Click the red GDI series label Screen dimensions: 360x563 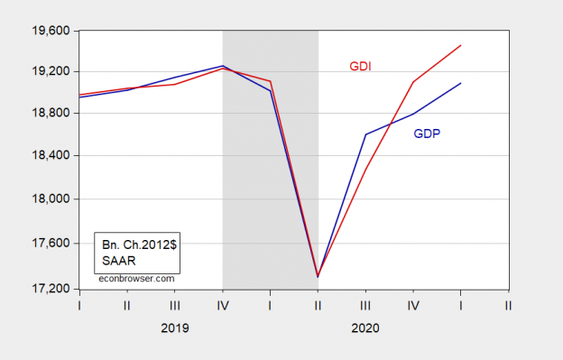pos(361,67)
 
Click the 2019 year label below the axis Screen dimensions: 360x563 pos(174,330)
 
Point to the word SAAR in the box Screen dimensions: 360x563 pos(117,260)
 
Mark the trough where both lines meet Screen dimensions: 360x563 pos(318,277)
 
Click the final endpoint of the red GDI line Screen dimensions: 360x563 pos(461,45)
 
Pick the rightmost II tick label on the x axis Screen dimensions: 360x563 pos(509,306)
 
